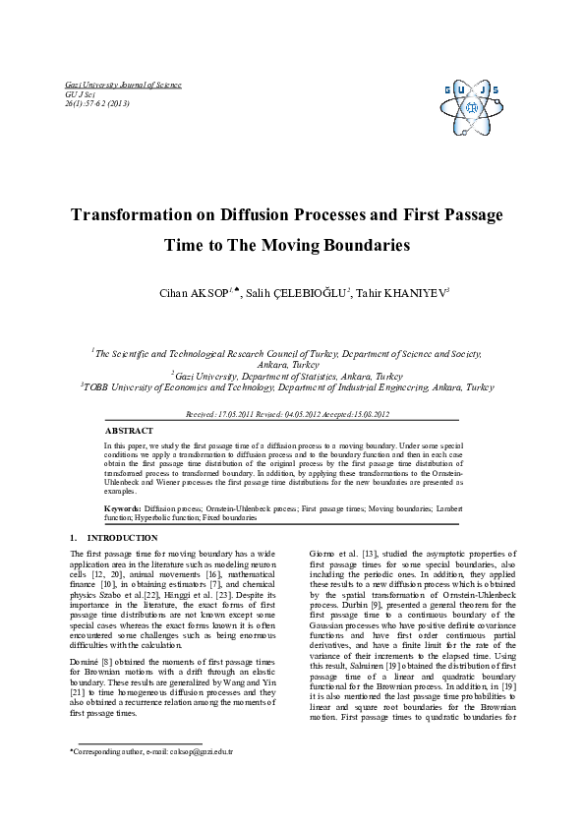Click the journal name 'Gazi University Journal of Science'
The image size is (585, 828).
click(123, 86)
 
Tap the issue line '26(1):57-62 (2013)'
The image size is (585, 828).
click(97, 103)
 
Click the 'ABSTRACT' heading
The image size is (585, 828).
click(129, 431)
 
